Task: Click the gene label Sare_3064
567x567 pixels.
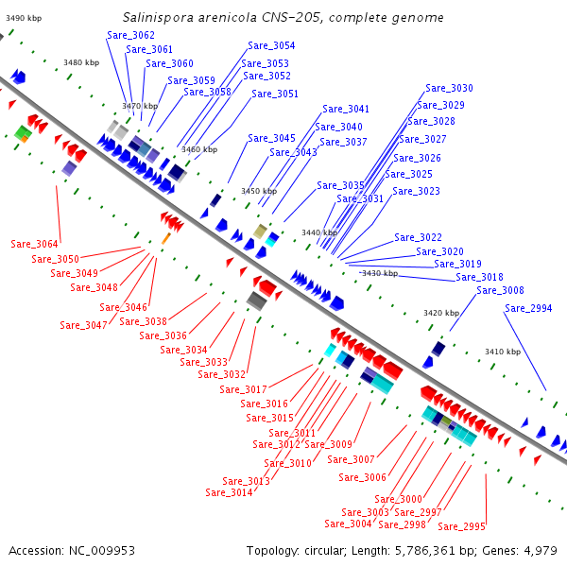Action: tap(35, 244)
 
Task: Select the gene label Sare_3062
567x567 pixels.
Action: tap(131, 35)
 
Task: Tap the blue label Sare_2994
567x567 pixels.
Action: tap(528, 308)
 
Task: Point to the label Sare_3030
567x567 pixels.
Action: tap(449, 88)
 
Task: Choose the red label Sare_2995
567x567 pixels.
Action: tap(461, 526)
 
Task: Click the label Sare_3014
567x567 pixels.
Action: tap(229, 492)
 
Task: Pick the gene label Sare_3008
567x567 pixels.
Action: tap(500, 290)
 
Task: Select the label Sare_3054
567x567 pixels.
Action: tap(271, 45)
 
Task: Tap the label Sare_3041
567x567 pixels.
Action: tap(346, 109)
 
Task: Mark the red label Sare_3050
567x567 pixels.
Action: tap(56, 259)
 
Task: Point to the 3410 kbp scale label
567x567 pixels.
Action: tap(503, 352)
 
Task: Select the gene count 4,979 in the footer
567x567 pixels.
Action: tap(539, 550)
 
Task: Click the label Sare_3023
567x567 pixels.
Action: tap(416, 191)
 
